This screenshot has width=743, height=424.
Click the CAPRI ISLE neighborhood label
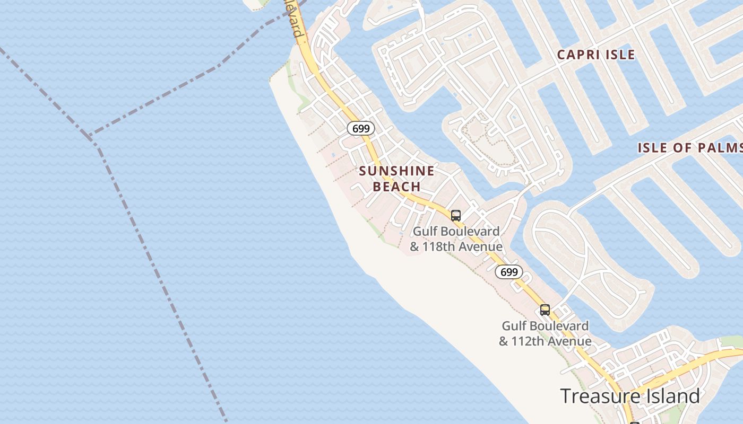[595, 55]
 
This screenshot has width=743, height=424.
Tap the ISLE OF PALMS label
[690, 148]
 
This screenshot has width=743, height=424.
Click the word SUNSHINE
[396, 171]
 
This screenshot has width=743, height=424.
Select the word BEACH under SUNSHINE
[396, 187]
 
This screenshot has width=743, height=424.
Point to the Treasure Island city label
[629, 396]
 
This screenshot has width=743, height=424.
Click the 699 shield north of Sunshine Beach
[361, 128]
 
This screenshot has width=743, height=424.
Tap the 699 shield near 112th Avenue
[509, 272]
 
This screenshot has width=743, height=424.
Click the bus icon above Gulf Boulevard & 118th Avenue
[456, 216]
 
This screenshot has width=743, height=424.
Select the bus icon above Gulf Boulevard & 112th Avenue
[545, 310]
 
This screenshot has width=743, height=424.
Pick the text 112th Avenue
[551, 341]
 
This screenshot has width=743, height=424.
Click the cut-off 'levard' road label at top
[295, 19]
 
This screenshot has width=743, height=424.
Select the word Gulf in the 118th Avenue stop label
[424, 232]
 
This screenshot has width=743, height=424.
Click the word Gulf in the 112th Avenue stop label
[513, 326]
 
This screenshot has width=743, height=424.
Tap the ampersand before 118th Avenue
[414, 247]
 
